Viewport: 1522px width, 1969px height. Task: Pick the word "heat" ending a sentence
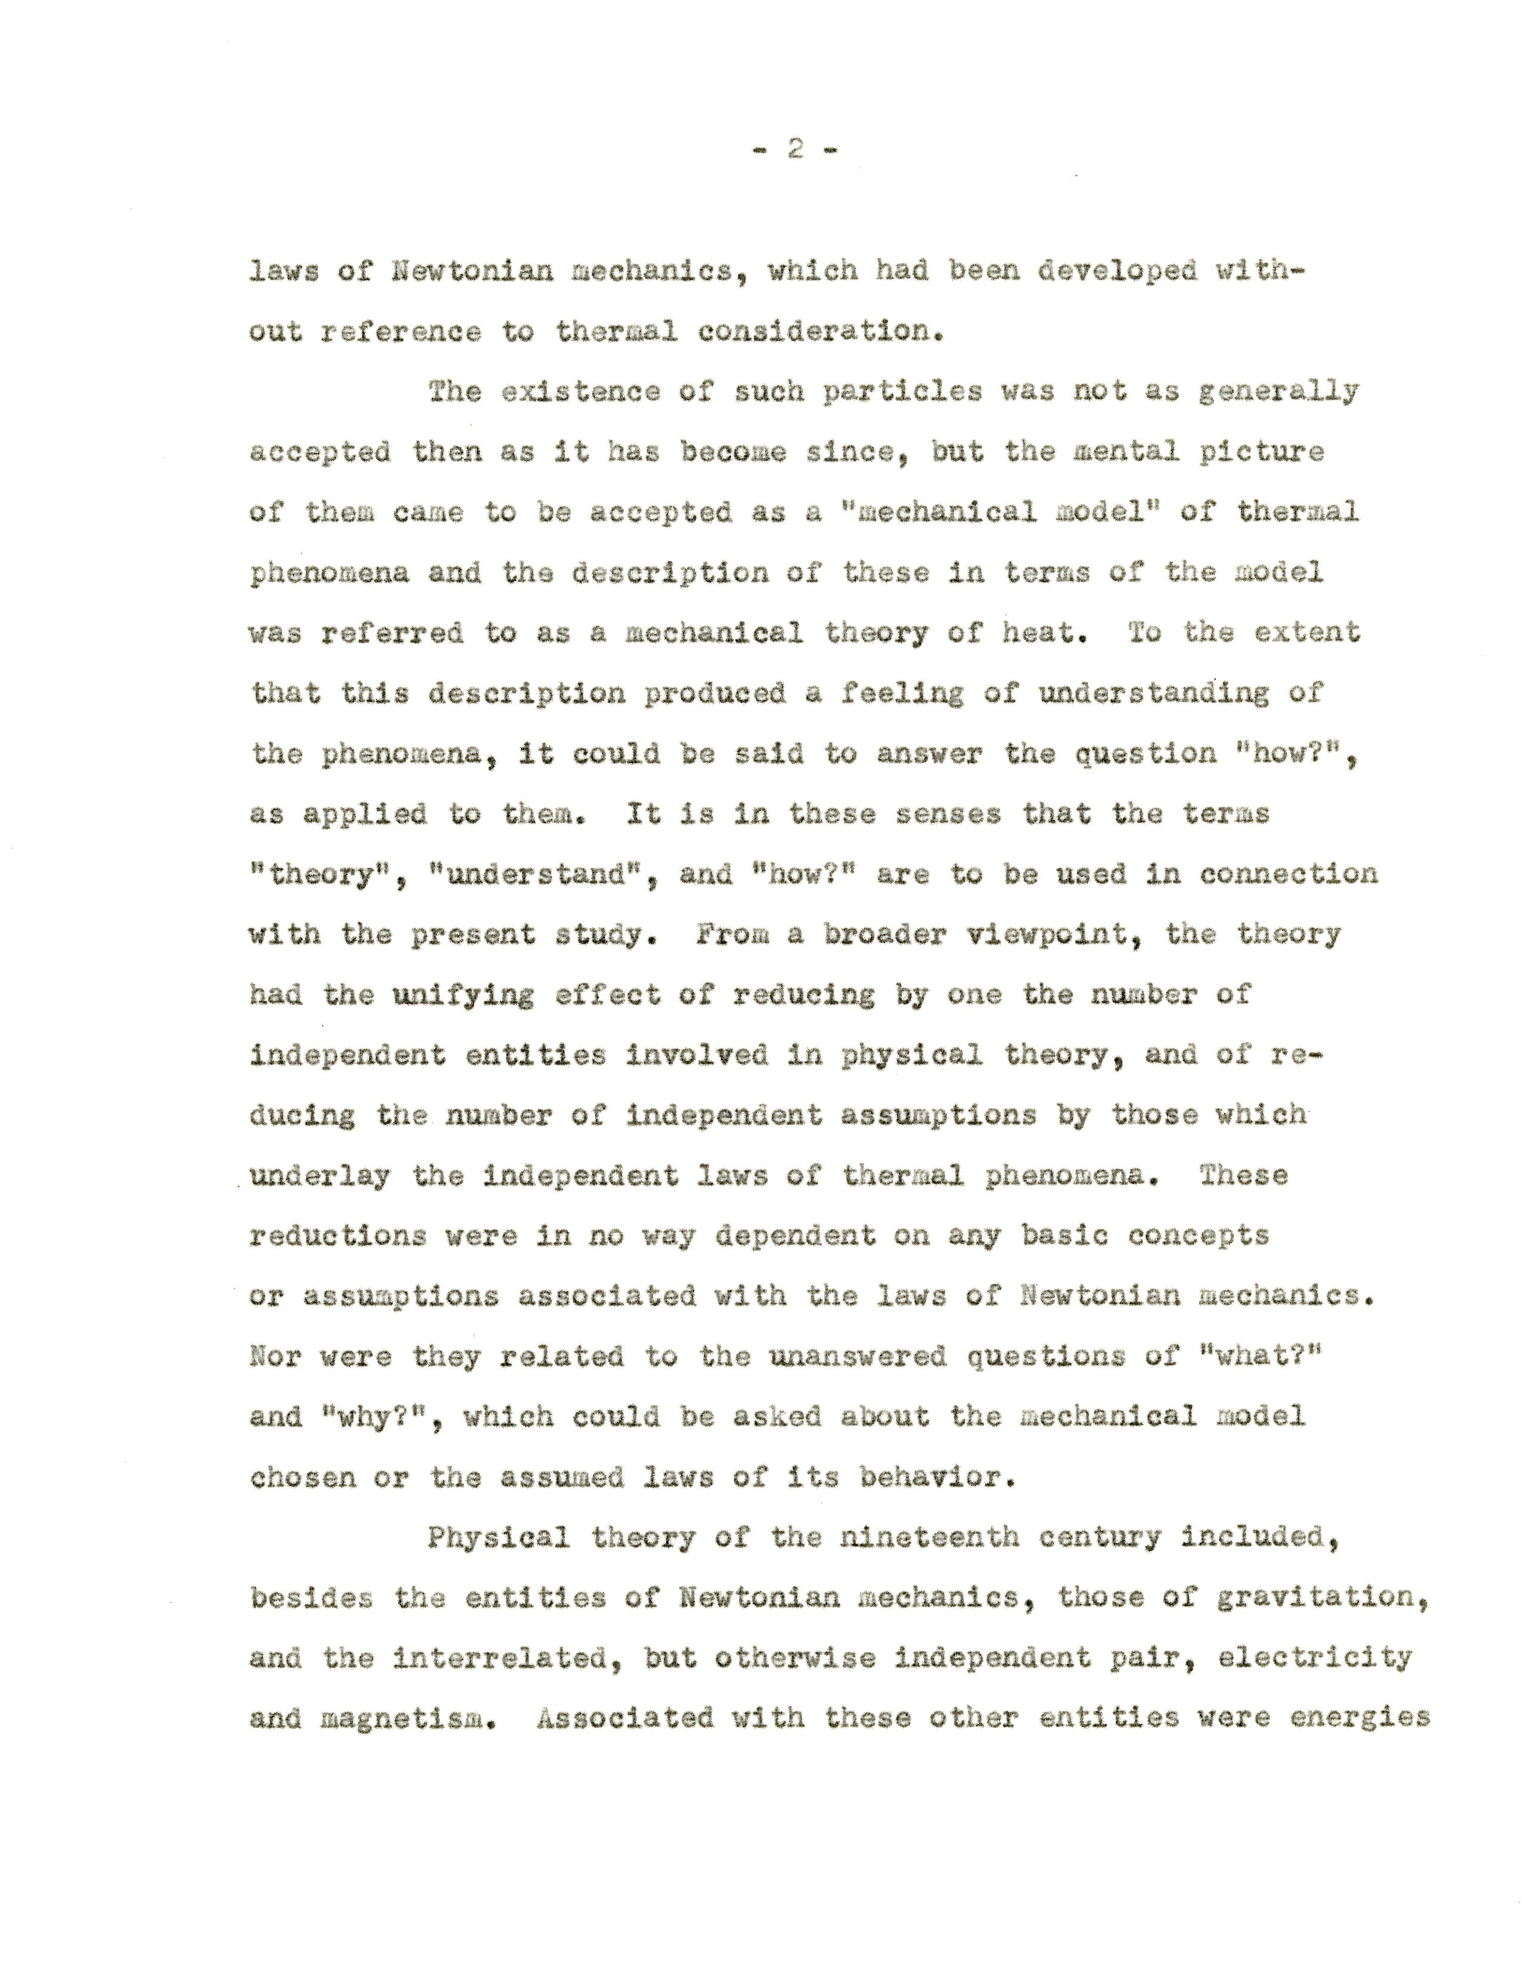coord(1042,633)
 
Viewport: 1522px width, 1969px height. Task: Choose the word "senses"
coord(948,814)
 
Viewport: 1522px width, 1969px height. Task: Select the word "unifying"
coord(463,995)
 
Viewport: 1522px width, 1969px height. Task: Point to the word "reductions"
coord(337,1236)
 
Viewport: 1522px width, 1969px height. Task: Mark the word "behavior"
coord(938,1478)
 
